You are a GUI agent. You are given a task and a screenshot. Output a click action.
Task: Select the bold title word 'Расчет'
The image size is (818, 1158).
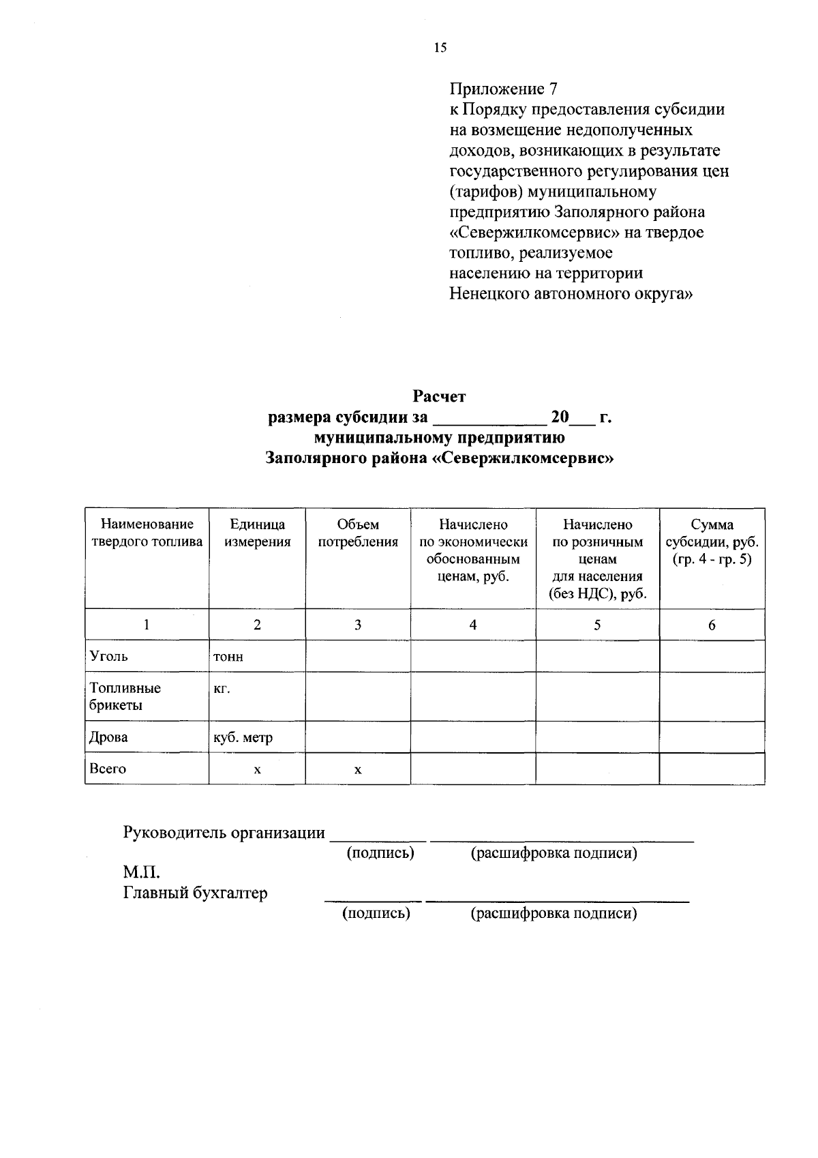pyautogui.click(x=439, y=396)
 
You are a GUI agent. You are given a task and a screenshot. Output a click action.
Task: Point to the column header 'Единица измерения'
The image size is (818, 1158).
pyautogui.click(x=257, y=533)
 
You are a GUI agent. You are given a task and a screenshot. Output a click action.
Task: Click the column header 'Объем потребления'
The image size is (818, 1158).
pyautogui.click(x=358, y=533)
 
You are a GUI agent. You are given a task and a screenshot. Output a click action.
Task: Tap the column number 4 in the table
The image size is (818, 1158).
pyautogui.click(x=473, y=625)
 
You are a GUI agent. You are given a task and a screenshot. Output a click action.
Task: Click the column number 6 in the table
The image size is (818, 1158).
pyautogui.click(x=712, y=625)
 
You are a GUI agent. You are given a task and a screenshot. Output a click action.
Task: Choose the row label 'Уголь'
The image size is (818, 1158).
pyautogui.click(x=109, y=656)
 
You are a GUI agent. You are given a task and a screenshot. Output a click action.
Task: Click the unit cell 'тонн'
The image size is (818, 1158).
pyautogui.click(x=228, y=657)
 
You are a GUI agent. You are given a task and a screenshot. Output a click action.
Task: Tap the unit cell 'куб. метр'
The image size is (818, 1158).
pyautogui.click(x=243, y=737)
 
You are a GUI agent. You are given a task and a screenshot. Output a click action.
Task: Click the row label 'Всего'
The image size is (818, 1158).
pyautogui.click(x=108, y=769)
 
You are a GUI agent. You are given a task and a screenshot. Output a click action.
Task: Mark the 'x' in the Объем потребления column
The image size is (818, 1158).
pyautogui.click(x=358, y=770)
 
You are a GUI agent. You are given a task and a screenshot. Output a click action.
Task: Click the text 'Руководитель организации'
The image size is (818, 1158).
pyautogui.click(x=224, y=833)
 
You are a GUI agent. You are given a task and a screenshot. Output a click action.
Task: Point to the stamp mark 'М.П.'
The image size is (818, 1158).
pyautogui.click(x=141, y=872)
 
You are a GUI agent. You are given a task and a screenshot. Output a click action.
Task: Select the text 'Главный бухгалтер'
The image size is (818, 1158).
pyautogui.click(x=195, y=893)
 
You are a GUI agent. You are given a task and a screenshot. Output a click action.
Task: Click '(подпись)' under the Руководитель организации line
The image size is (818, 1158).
pyautogui.click(x=380, y=853)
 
